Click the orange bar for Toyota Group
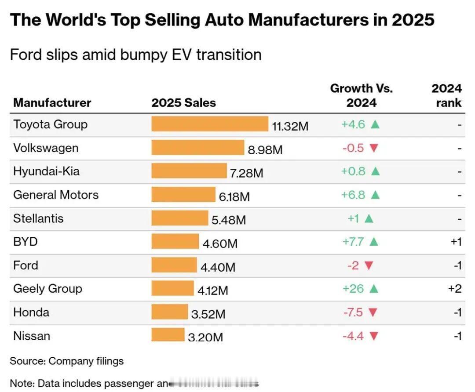[210, 124]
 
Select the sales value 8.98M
[265, 150]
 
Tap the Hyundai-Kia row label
[47, 171]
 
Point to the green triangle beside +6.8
[375, 195]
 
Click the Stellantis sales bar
[180, 218]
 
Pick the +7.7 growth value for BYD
[353, 242]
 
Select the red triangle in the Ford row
[369, 265]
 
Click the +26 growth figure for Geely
[353, 289]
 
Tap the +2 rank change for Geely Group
[455, 289]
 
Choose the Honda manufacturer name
[31, 312]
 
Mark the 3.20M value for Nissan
[205, 338]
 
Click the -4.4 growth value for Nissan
[353, 336]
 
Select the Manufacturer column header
[52, 103]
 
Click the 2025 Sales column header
[183, 103]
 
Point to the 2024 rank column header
[446, 95]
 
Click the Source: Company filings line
[66, 361]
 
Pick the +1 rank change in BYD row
[456, 242]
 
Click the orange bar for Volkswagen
[197, 148]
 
